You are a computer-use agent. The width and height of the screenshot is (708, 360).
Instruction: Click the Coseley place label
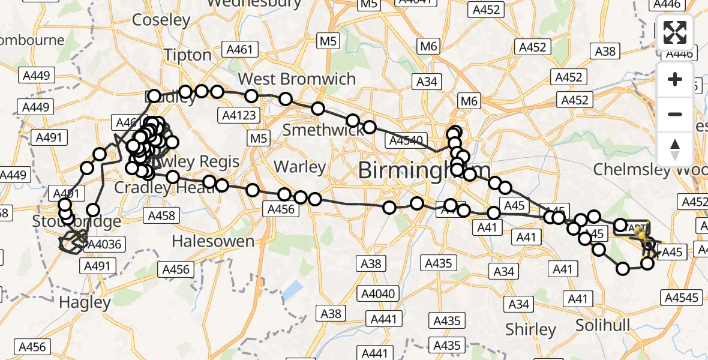(161, 20)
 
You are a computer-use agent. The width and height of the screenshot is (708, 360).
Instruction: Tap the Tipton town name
(188, 55)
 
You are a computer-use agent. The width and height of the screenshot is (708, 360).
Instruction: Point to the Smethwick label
(323, 130)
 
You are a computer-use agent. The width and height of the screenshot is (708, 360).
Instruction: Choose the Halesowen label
(213, 241)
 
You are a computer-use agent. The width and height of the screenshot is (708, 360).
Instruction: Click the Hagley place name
(86, 302)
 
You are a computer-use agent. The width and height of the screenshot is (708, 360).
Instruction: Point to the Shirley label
(530, 329)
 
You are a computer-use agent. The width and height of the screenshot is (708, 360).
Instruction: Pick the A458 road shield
(161, 216)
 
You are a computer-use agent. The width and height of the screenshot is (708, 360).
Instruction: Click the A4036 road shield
(104, 244)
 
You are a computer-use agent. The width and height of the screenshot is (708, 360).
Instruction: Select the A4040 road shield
(379, 293)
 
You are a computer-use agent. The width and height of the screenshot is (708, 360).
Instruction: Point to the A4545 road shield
(682, 297)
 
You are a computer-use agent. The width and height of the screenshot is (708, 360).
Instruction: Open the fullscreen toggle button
(675, 32)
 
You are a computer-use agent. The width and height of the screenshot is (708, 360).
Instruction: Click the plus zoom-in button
(675, 79)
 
